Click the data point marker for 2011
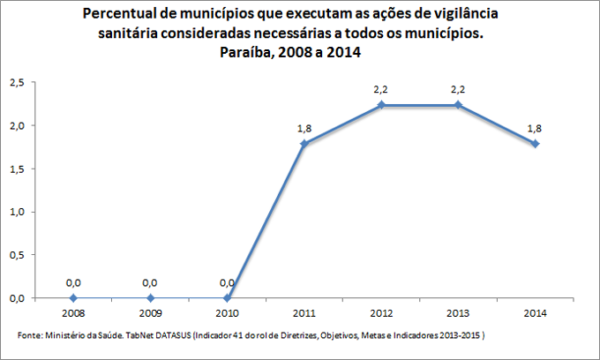pyautogui.click(x=304, y=143)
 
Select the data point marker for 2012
pyautogui.click(x=381, y=105)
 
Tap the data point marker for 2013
pyautogui.click(x=458, y=105)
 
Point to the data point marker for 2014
pyautogui.click(x=535, y=143)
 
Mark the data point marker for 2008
pyautogui.click(x=73, y=298)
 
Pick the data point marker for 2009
pyautogui.click(x=150, y=298)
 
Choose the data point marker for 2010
pyautogui.click(x=227, y=298)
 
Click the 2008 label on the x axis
pyautogui.click(x=73, y=313)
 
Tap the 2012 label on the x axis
pyautogui.click(x=381, y=313)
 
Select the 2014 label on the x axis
pyautogui.click(x=535, y=313)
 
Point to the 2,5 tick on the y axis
pyautogui.click(x=16, y=83)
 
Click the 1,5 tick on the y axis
pyautogui.click(x=16, y=169)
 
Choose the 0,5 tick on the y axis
pyautogui.click(x=16, y=255)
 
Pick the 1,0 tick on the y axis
pyautogui.click(x=16, y=213)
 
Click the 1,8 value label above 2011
pyautogui.click(x=304, y=129)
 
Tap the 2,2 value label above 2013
pyautogui.click(x=458, y=90)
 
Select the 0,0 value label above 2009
pyautogui.click(x=150, y=283)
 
